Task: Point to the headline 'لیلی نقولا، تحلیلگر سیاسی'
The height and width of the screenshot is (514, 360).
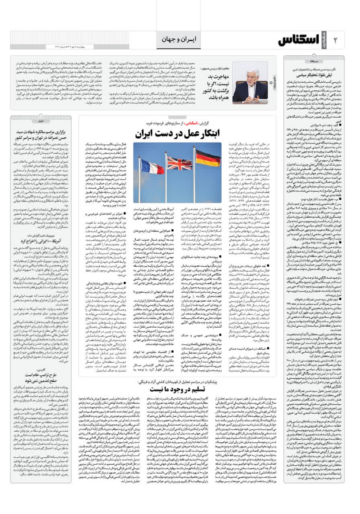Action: point(313,74)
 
